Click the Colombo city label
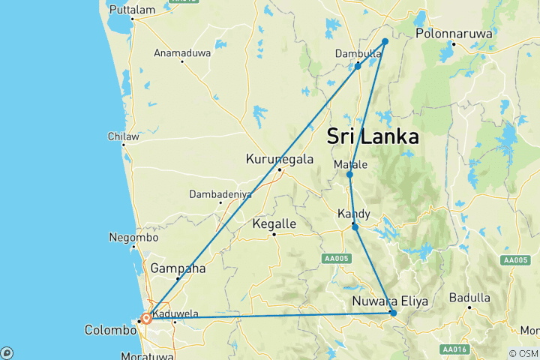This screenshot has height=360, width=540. [x=109, y=329]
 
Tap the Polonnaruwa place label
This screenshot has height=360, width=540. [x=451, y=34]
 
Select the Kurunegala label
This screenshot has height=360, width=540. [x=278, y=159]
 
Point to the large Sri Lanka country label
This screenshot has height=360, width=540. [x=373, y=137]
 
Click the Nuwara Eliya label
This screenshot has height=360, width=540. [x=390, y=301]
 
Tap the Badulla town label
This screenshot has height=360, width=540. [x=469, y=298]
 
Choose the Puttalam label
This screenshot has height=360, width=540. [x=131, y=10]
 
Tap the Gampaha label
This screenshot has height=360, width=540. [x=174, y=268]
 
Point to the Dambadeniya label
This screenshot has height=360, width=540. [x=219, y=193]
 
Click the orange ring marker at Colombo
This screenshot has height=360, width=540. [x=146, y=318]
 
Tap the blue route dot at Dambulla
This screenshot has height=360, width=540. [x=358, y=66]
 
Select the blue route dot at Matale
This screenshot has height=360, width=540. [x=349, y=175]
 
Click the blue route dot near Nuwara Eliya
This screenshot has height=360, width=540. [x=393, y=313]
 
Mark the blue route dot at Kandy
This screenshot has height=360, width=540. [x=355, y=226]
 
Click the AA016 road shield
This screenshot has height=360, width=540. [x=452, y=349]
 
